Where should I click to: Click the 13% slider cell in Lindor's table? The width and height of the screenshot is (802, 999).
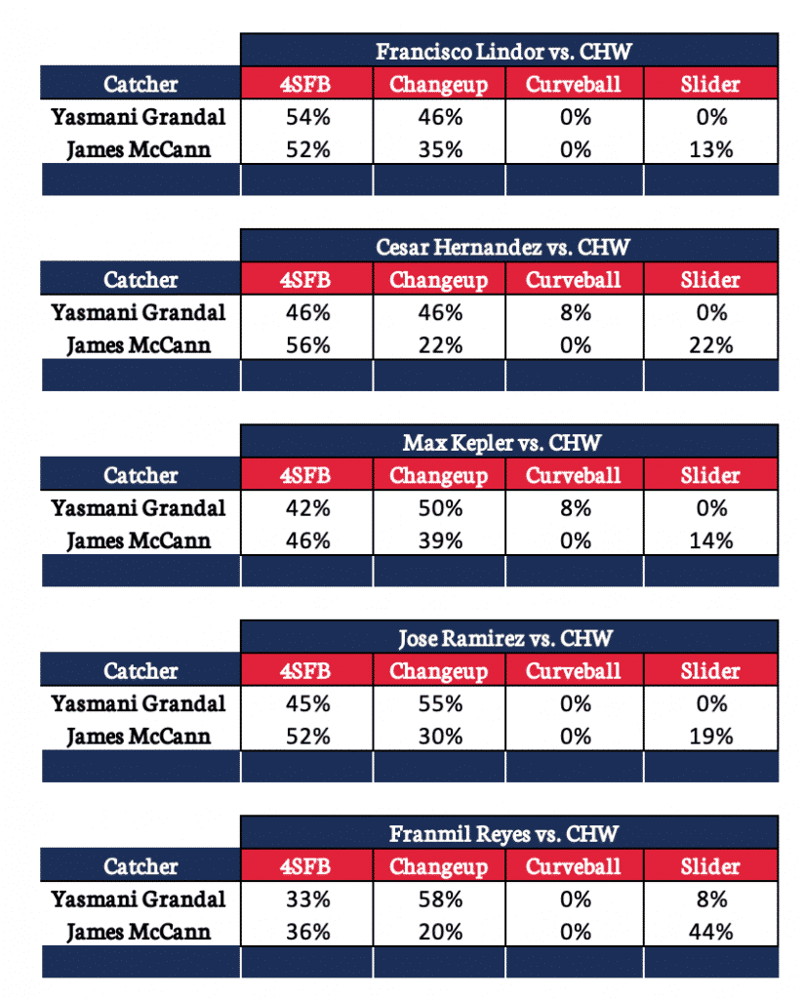coord(710,149)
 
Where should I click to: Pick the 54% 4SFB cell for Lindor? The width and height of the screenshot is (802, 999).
coord(305,117)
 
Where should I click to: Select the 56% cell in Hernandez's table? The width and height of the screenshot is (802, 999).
coord(305,345)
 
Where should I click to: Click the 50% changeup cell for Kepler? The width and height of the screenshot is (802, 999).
coord(438,508)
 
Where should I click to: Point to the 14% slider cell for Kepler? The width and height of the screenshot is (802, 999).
coord(710,540)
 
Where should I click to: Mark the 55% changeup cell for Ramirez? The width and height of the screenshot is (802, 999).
coord(438,703)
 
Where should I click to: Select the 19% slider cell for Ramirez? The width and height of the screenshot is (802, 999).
coord(710,736)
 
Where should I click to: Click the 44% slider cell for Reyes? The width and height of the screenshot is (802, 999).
coord(710,932)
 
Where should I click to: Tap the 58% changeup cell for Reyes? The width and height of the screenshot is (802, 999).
coord(438,899)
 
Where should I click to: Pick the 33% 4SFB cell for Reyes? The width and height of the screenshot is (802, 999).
coord(305,899)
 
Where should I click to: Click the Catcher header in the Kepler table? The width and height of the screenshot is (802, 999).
coord(140,476)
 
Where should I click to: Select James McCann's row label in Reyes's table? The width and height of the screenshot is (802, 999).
coord(139,932)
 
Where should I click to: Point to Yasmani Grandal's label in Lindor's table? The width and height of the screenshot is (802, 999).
coord(139,117)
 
